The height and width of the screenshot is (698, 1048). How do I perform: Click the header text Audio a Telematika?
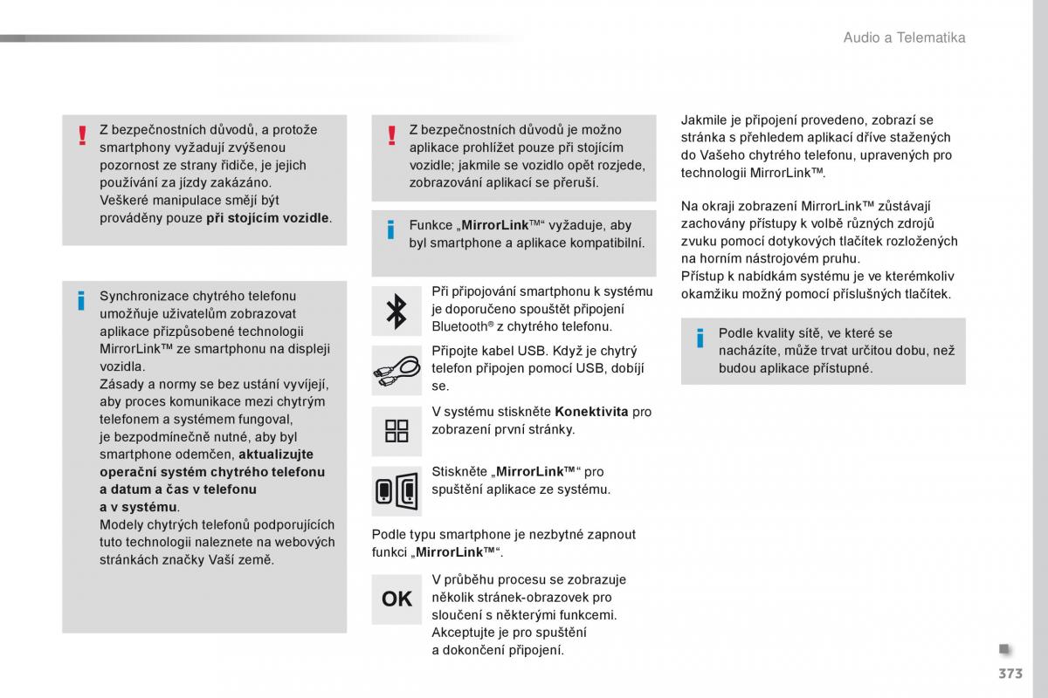904,38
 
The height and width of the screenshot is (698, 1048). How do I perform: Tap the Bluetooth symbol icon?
396,311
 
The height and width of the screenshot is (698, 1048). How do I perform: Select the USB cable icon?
396,370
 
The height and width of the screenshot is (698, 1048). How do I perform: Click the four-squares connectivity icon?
396,430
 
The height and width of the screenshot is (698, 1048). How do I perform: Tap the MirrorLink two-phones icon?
396,490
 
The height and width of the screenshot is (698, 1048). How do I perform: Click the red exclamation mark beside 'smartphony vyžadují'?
81,135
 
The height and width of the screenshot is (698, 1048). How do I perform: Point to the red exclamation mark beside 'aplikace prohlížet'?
391,135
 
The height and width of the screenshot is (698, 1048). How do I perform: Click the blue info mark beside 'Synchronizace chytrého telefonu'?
81,301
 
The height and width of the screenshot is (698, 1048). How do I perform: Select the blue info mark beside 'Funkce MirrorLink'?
391,230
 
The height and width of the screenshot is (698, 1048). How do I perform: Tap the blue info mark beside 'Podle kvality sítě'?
700,339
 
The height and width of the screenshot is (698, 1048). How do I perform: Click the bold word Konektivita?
591,412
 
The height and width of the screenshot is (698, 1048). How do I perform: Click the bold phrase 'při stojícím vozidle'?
268,217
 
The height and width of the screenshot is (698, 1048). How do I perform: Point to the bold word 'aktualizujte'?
276,455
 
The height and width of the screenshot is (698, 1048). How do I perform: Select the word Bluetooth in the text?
458,326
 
